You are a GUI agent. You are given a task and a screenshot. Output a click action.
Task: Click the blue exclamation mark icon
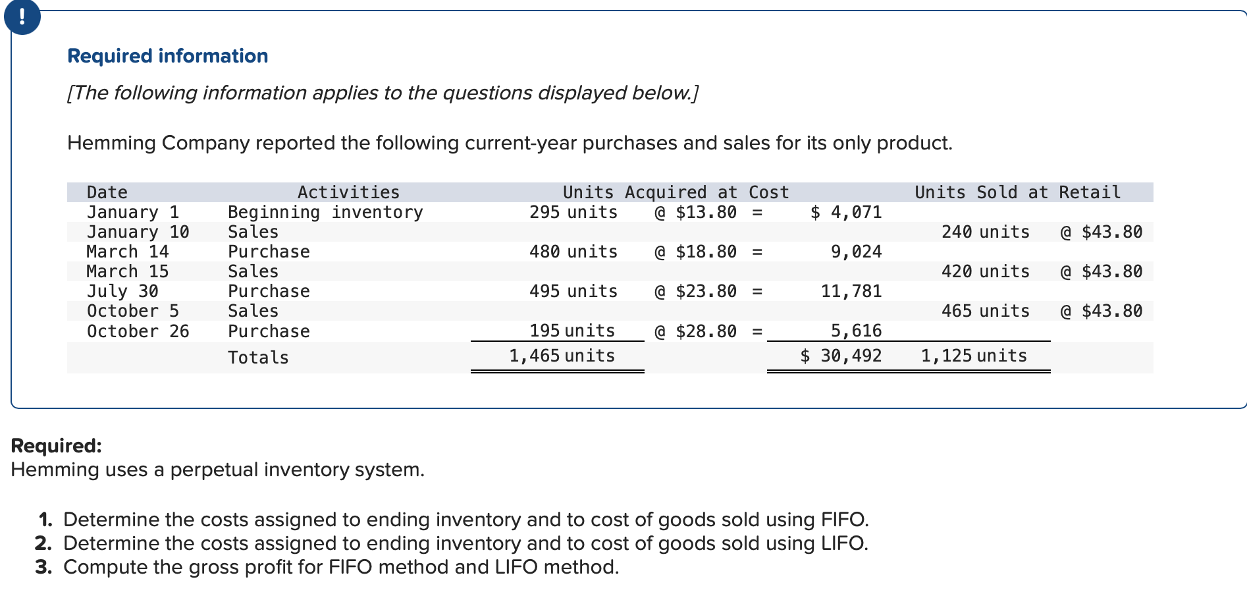point(22,16)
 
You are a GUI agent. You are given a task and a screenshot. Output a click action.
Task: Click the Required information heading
point(167,56)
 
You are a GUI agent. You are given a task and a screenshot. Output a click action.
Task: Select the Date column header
point(107,192)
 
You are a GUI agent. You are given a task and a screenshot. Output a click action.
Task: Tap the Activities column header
point(348,192)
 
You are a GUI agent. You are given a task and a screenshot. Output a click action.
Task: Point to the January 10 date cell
point(138,232)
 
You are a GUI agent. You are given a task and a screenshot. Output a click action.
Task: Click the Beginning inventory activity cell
point(325,212)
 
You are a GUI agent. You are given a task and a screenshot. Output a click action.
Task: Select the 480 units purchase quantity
point(573,252)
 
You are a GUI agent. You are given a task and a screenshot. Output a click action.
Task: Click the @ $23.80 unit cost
point(695,291)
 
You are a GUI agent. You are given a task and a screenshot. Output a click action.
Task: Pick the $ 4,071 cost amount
point(845,212)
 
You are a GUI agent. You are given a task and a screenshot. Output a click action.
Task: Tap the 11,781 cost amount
point(851,291)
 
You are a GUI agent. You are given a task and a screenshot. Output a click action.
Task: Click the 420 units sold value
point(985,271)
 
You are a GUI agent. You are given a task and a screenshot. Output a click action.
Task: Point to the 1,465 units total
point(562,356)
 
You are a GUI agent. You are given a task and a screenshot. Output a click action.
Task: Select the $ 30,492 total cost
point(841,356)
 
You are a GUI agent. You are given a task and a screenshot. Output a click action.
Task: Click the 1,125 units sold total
point(973,356)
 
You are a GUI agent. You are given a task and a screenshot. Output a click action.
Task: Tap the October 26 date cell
point(138,331)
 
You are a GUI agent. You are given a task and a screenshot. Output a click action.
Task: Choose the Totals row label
point(258,358)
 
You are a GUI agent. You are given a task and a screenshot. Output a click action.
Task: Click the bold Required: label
point(57,446)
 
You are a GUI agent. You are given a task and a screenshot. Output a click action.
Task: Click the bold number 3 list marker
point(43,567)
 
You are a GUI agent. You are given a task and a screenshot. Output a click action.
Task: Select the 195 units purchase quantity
point(572,331)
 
